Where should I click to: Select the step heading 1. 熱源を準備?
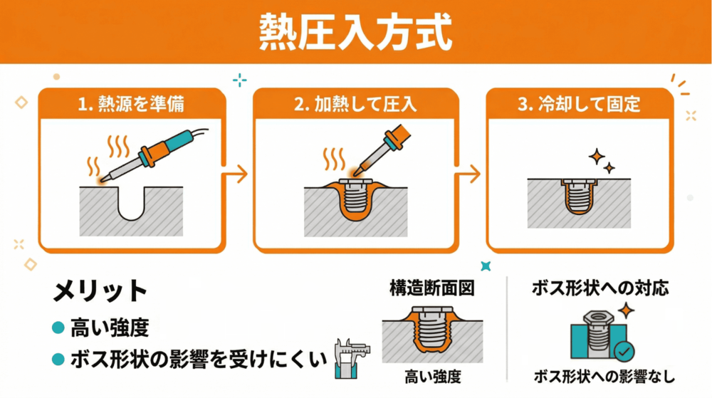(132, 104)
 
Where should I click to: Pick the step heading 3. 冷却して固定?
(579, 104)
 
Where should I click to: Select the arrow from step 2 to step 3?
(469, 173)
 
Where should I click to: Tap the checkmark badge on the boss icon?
(624, 351)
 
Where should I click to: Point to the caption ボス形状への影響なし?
(604, 377)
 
